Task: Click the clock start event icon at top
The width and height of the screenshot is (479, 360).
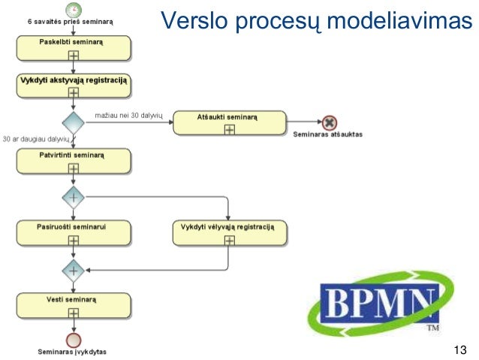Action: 74,10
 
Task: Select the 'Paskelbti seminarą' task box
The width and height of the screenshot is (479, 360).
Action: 74,47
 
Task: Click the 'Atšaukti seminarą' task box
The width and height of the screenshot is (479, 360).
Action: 229,123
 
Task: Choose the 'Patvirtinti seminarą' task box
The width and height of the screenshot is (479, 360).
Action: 74,160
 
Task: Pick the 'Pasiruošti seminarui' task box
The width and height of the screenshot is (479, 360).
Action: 74,232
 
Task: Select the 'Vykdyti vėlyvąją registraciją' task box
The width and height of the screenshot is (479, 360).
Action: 229,232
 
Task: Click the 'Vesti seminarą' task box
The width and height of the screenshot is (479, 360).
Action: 74,304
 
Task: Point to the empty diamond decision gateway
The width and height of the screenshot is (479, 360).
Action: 74,123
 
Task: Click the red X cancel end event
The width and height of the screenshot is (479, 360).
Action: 328,123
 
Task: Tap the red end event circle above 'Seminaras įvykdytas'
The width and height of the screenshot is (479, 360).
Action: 74,339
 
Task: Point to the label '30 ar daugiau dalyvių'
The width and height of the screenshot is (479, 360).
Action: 35,139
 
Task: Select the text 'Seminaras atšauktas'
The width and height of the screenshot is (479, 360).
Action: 328,135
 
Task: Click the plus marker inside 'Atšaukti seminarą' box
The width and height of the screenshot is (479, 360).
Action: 229,129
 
